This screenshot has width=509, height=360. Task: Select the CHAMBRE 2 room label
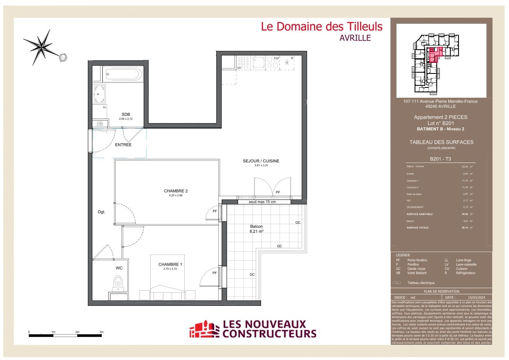(x=176, y=191)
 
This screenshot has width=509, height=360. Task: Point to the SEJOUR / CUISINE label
(x=261, y=161)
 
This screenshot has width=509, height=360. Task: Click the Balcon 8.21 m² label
(x=257, y=229)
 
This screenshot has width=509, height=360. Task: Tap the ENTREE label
(x=123, y=145)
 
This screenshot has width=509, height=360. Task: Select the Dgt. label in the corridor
(x=101, y=212)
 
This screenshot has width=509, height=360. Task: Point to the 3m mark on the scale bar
(x=101, y=332)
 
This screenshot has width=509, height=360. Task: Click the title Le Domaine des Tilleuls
(x=322, y=27)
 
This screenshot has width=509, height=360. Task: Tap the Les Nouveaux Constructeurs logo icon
(x=204, y=329)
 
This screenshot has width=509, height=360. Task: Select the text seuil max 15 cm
(x=262, y=202)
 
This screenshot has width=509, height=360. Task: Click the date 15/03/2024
(x=477, y=297)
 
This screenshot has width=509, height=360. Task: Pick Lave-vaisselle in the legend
(x=466, y=264)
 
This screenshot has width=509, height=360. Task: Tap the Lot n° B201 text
(x=440, y=123)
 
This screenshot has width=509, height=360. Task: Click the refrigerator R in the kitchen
(x=292, y=59)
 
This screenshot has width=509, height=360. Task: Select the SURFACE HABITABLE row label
(x=420, y=214)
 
